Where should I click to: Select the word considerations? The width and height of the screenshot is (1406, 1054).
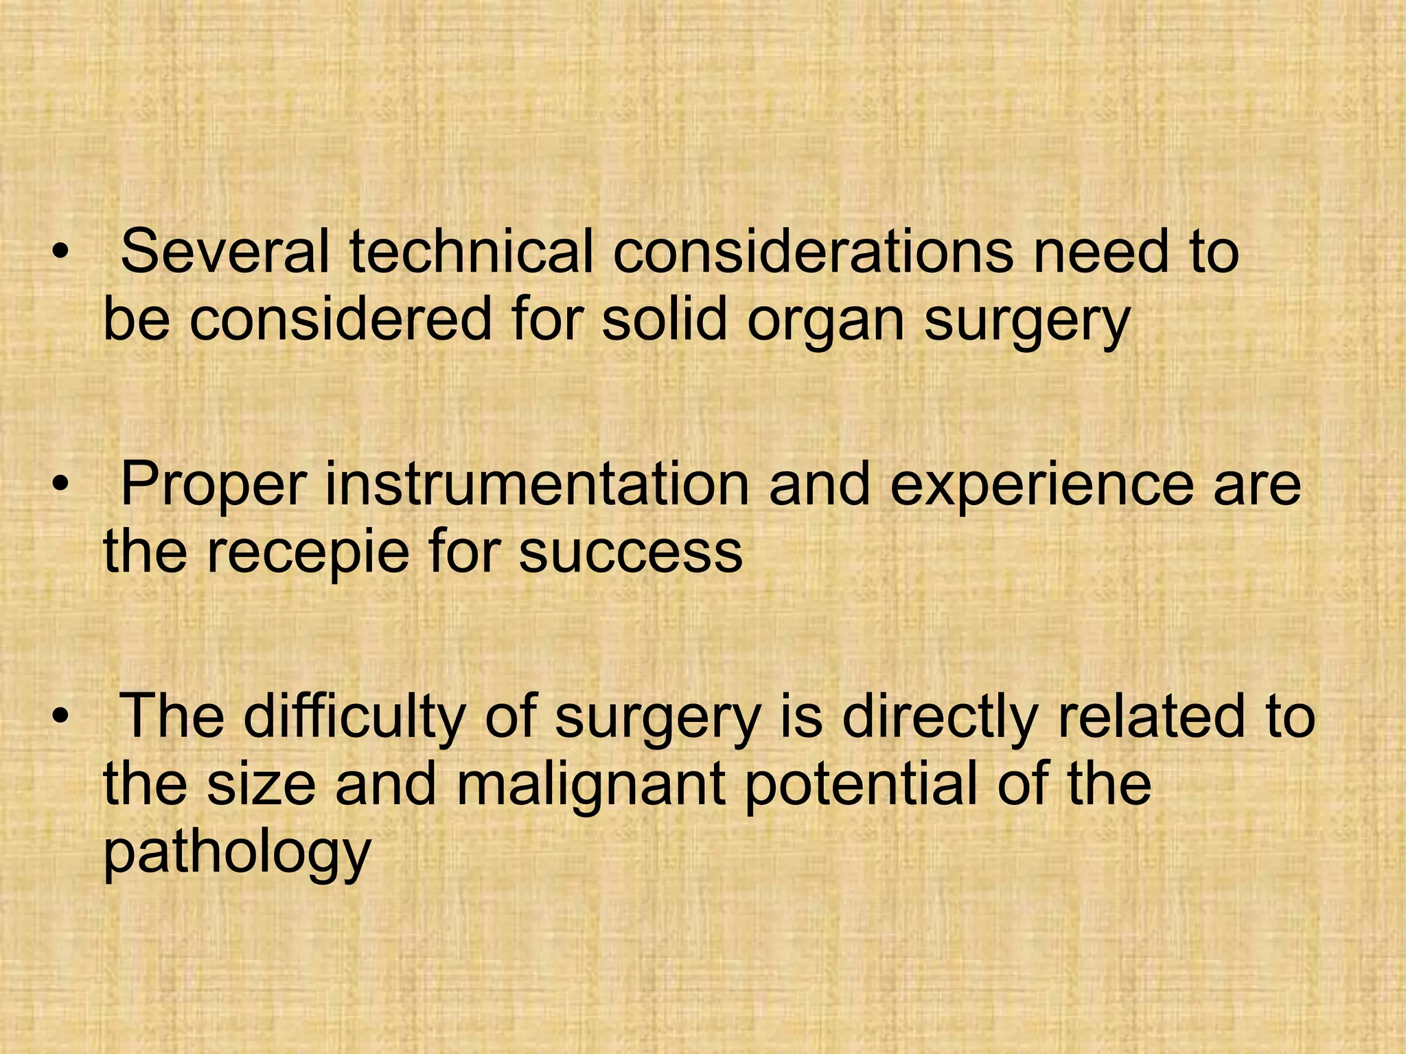[812, 251]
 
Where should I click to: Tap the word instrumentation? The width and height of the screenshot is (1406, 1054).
[537, 484]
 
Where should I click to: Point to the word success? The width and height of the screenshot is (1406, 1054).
[630, 553]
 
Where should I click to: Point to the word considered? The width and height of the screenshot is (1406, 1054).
[341, 320]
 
